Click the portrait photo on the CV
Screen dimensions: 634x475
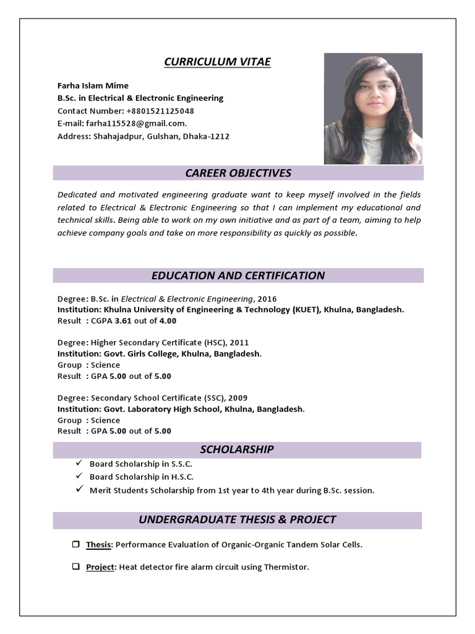pyautogui.click(x=374, y=108)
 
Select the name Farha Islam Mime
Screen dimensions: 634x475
pyautogui.click(x=93, y=85)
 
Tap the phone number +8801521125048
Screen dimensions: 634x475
pyautogui.click(x=160, y=111)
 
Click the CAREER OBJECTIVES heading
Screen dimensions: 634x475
pyautogui.click(x=238, y=173)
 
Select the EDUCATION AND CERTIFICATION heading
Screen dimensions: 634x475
pyautogui.click(x=238, y=276)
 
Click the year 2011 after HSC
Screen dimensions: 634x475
pyautogui.click(x=240, y=342)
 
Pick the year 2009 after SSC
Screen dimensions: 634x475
pyautogui.click(x=238, y=397)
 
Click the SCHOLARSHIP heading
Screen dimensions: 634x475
pyautogui.click(x=237, y=449)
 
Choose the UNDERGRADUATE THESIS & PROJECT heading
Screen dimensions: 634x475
pyautogui.click(x=237, y=519)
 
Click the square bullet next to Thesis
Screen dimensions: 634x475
pyautogui.click(x=75, y=544)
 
